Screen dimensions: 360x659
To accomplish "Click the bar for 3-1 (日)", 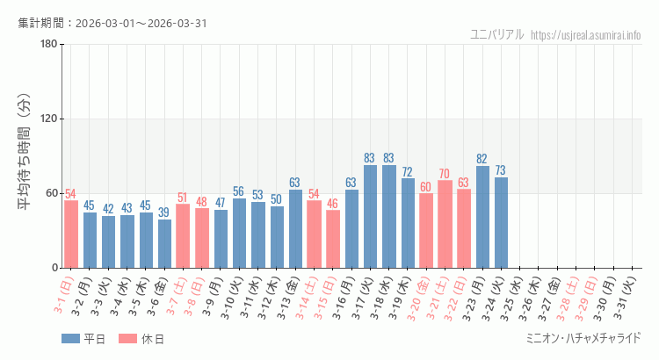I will (x=71, y=234).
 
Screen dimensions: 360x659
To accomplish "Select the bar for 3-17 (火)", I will (x=370, y=216).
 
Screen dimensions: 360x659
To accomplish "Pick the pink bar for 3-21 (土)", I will (x=445, y=224).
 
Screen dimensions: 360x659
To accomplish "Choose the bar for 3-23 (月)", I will (x=482, y=217).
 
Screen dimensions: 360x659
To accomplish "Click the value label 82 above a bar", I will (x=482, y=159).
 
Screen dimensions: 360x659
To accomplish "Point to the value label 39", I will (x=164, y=212).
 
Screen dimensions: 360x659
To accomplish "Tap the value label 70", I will (x=445, y=174).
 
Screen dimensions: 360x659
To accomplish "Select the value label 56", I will (x=239, y=191).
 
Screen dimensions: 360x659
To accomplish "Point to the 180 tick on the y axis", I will (x=48, y=45).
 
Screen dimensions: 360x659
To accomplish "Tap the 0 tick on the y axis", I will (x=54, y=268).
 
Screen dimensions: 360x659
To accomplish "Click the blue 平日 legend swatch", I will (x=70, y=339).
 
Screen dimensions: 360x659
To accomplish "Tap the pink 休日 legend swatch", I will (x=127, y=339).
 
